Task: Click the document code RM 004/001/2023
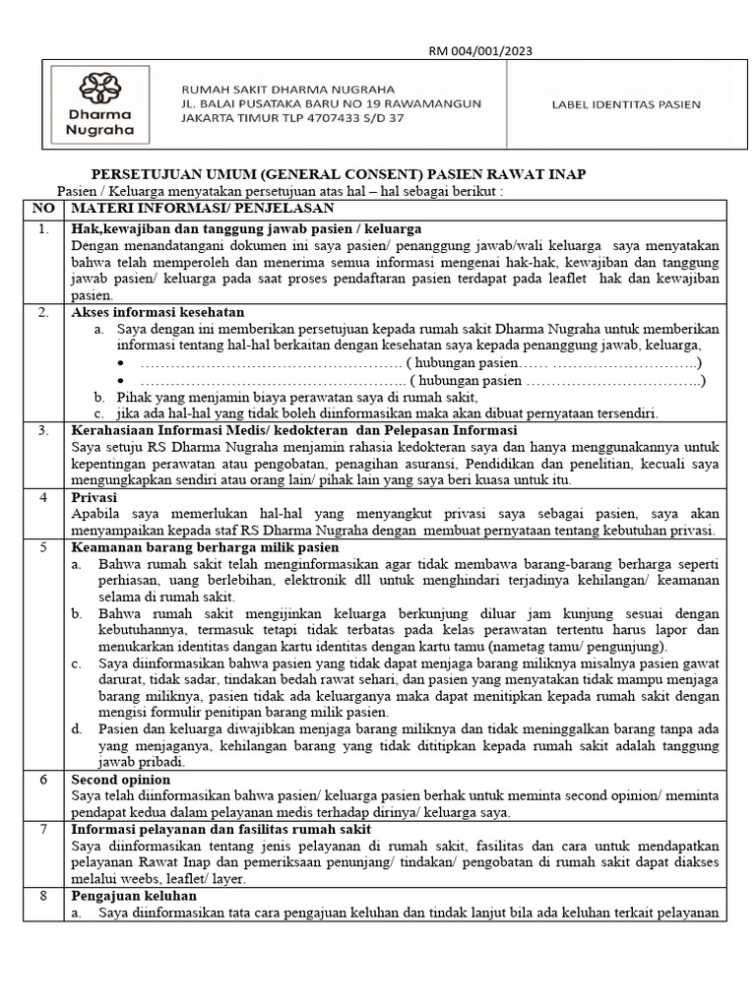point(478,51)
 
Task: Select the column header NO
point(43,209)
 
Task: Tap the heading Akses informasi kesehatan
point(159,312)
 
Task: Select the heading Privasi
point(95,498)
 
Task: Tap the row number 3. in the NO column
point(42,431)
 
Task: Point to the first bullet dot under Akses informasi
point(122,363)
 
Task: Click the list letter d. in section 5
point(77,729)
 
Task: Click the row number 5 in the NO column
point(42,547)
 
